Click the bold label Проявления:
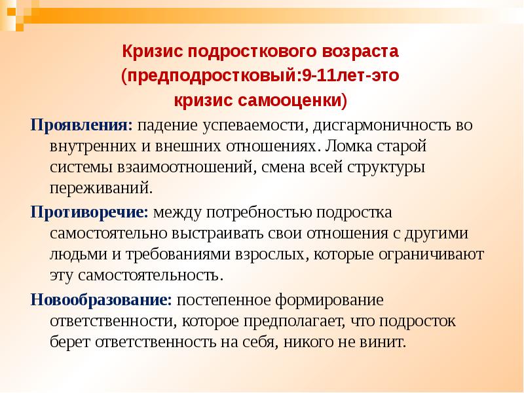[81, 126]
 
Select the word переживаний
[102, 188]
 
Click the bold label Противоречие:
[89, 213]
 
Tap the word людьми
[79, 254]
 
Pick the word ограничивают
[431, 255]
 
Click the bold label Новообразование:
[101, 300]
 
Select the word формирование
[329, 301]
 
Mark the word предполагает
[294, 322]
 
